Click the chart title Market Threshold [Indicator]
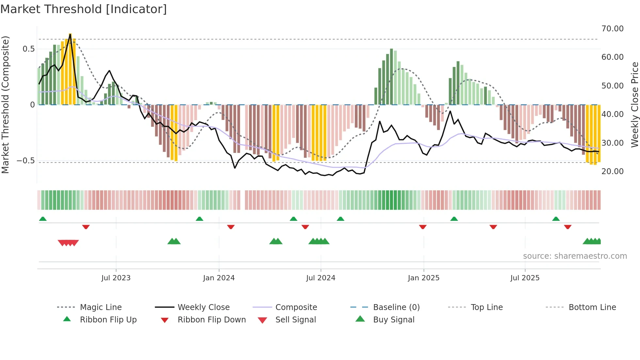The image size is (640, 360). pos(84,9)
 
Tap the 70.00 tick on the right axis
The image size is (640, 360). pos(612,29)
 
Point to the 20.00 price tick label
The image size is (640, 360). pos(612,172)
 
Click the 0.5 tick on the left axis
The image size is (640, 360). pos(28,49)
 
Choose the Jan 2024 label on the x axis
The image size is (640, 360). pos(219,278)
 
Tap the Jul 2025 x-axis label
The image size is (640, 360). pos(525,278)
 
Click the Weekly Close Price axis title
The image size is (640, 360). pos(634,105)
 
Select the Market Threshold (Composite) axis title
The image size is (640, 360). pos(5,105)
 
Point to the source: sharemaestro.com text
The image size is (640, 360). pos(575,256)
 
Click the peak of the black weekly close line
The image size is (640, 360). pos(70,34)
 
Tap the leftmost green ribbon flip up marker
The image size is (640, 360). pos(43,219)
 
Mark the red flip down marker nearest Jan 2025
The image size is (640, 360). pos(423,227)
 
